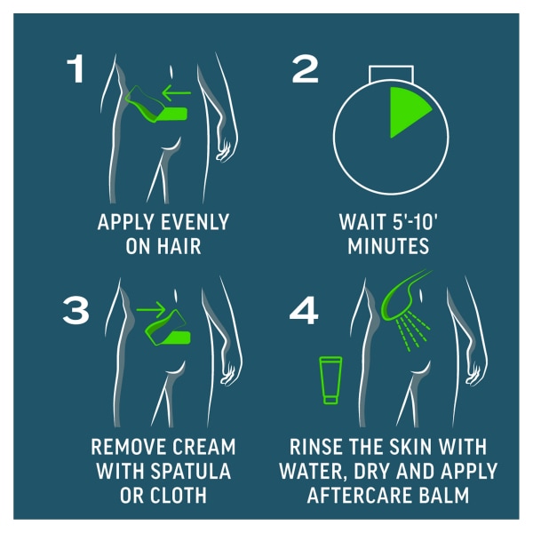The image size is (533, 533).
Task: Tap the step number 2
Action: [x=304, y=68]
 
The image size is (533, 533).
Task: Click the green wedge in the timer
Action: [x=408, y=111]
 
